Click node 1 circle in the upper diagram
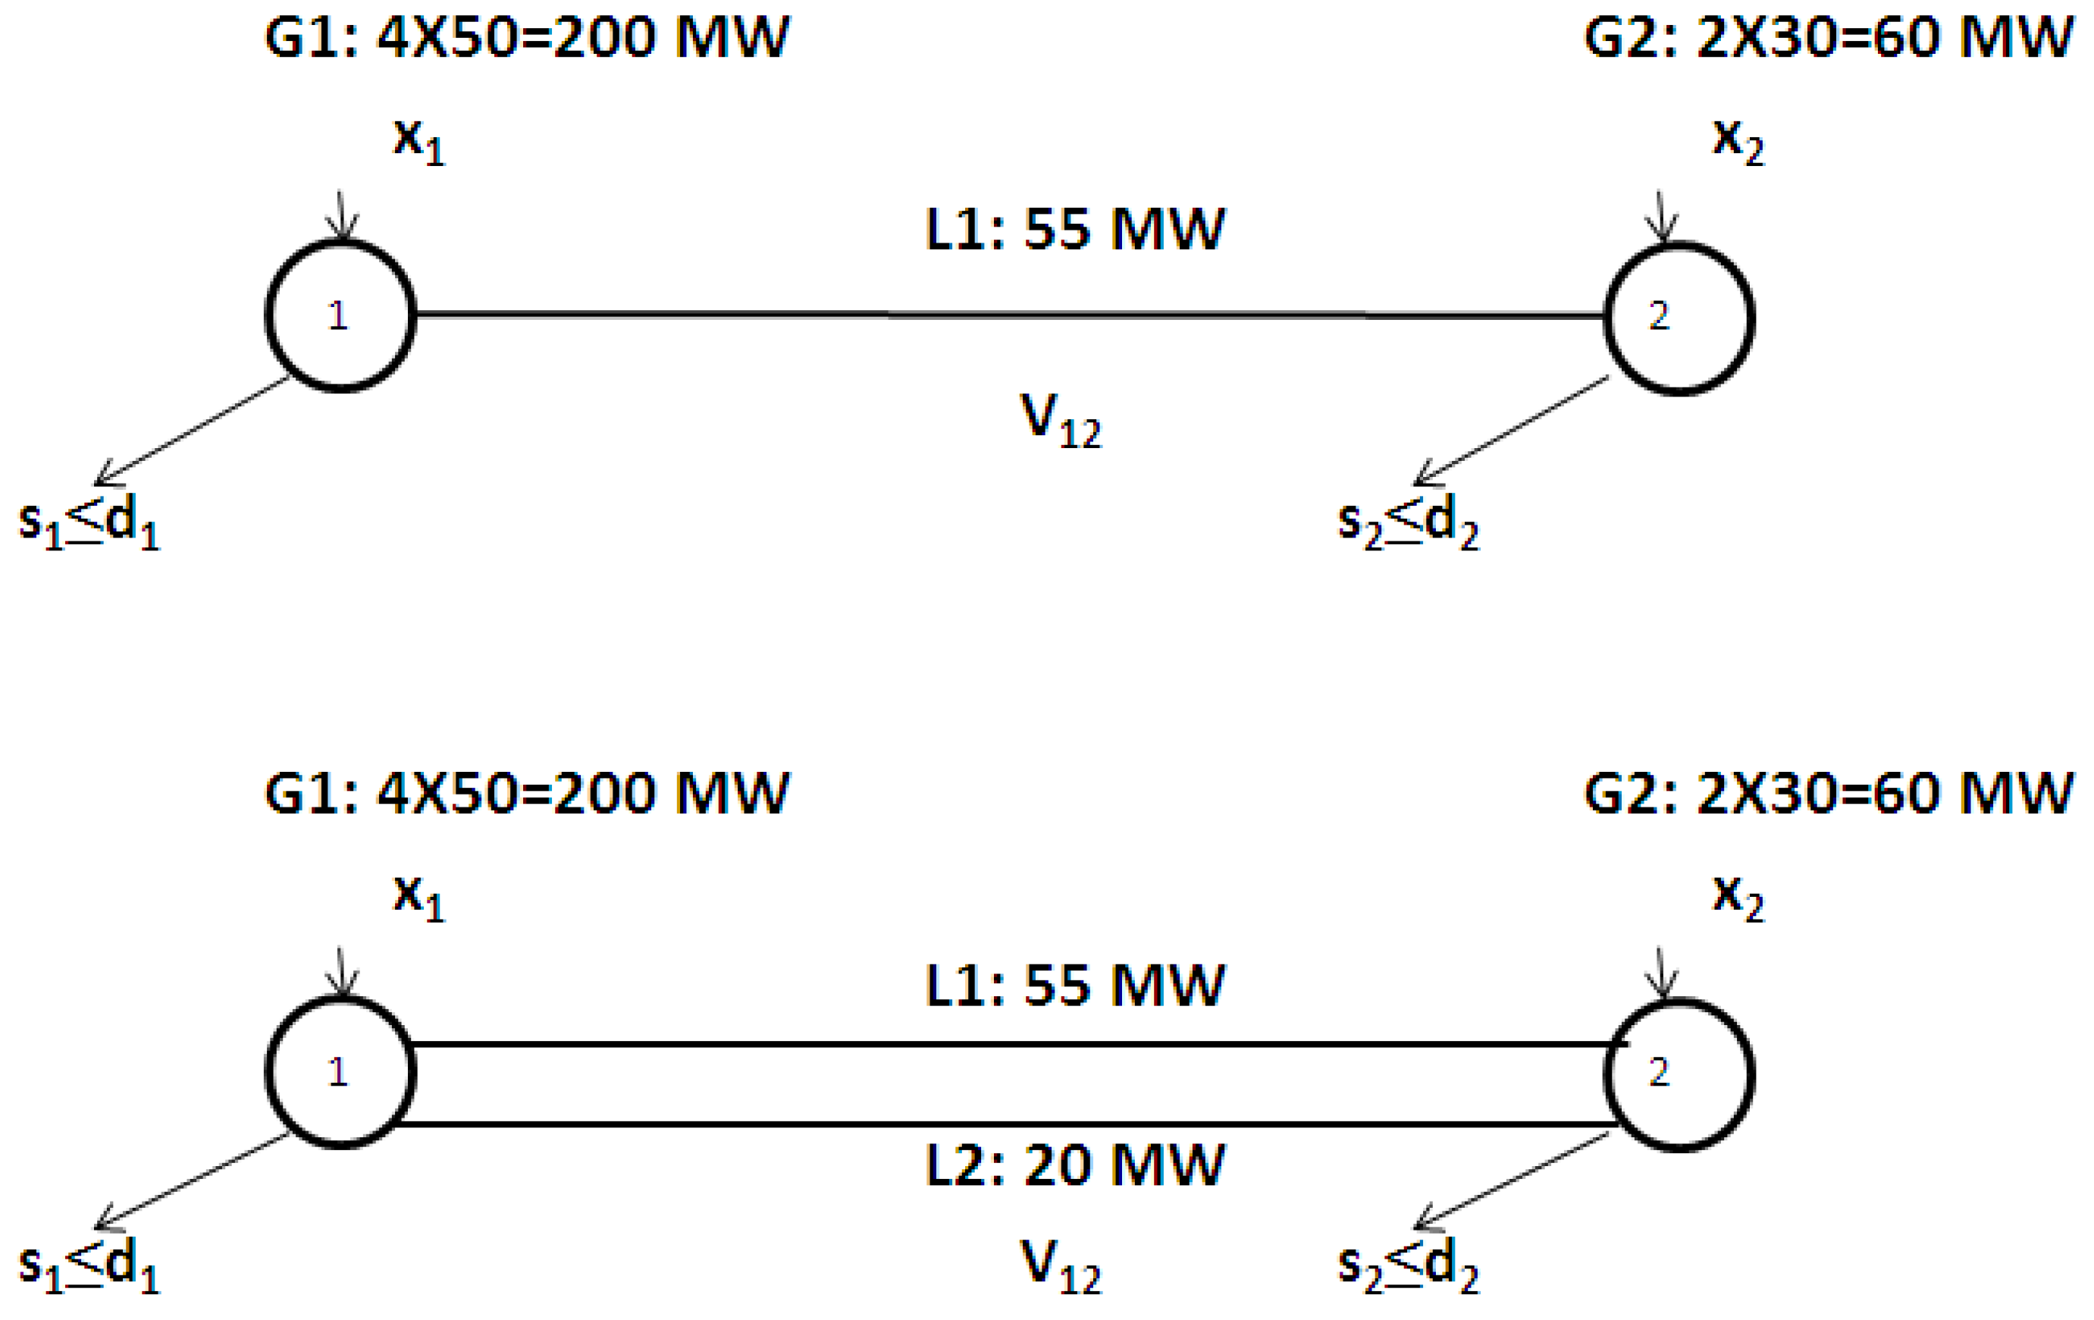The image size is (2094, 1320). (340, 315)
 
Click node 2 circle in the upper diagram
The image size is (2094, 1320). (1679, 318)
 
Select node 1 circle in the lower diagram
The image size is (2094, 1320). (340, 1072)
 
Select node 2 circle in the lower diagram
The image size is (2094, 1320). (1679, 1075)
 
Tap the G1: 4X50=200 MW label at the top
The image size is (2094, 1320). (527, 37)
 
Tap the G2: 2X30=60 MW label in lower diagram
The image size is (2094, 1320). (1828, 793)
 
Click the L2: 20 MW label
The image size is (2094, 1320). (1075, 1165)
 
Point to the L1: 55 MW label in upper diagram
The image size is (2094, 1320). (1075, 230)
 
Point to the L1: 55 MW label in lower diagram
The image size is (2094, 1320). (1075, 986)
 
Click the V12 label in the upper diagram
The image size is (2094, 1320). (1059, 421)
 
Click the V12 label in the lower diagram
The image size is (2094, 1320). (1059, 1266)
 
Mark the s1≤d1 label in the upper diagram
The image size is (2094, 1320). (89, 522)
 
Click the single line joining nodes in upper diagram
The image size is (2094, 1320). (1009, 315)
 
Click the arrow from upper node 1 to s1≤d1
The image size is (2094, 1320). (191, 431)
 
